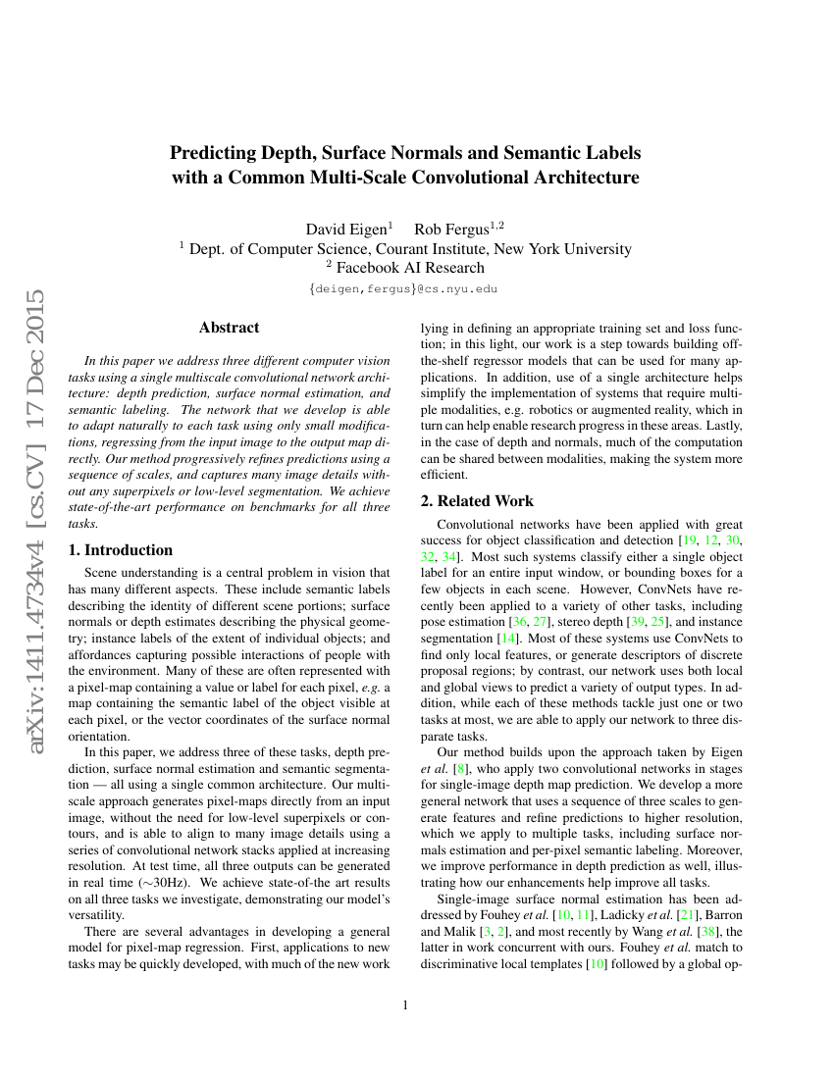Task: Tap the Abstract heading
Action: pyautogui.click(x=229, y=328)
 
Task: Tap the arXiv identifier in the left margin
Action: pyautogui.click(x=37, y=521)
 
